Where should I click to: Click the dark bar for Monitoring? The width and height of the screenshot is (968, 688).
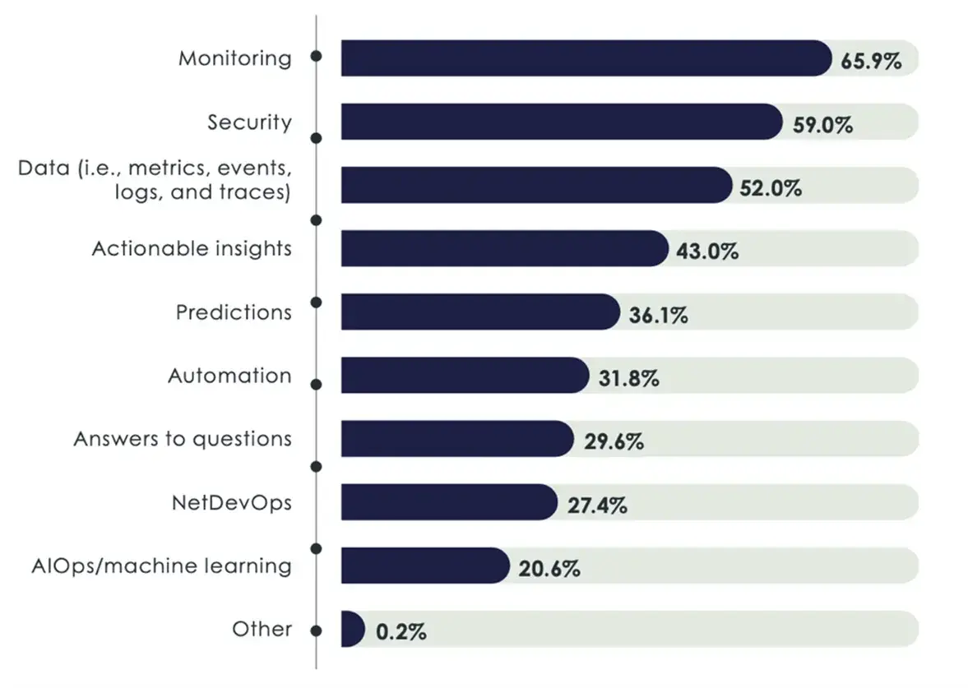pyautogui.click(x=586, y=58)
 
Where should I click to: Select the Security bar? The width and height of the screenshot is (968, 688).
pyautogui.click(x=560, y=122)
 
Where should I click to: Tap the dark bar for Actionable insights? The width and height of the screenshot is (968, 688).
pyautogui.click(x=503, y=248)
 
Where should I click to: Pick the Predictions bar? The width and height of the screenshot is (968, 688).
pyautogui.click(x=479, y=312)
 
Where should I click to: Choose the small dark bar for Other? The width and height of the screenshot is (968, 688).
pyautogui.click(x=351, y=629)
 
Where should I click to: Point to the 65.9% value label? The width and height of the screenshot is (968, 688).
pyautogui.click(x=872, y=60)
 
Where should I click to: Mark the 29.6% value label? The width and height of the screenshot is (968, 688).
pyautogui.click(x=611, y=441)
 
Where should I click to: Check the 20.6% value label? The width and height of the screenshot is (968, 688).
pyautogui.click(x=549, y=568)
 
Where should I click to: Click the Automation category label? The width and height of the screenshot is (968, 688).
pyautogui.click(x=229, y=376)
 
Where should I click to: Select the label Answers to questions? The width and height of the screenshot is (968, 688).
pyautogui.click(x=183, y=439)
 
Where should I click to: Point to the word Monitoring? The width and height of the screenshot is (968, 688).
pyautogui.click(x=235, y=58)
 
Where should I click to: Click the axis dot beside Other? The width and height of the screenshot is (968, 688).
pyautogui.click(x=316, y=630)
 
